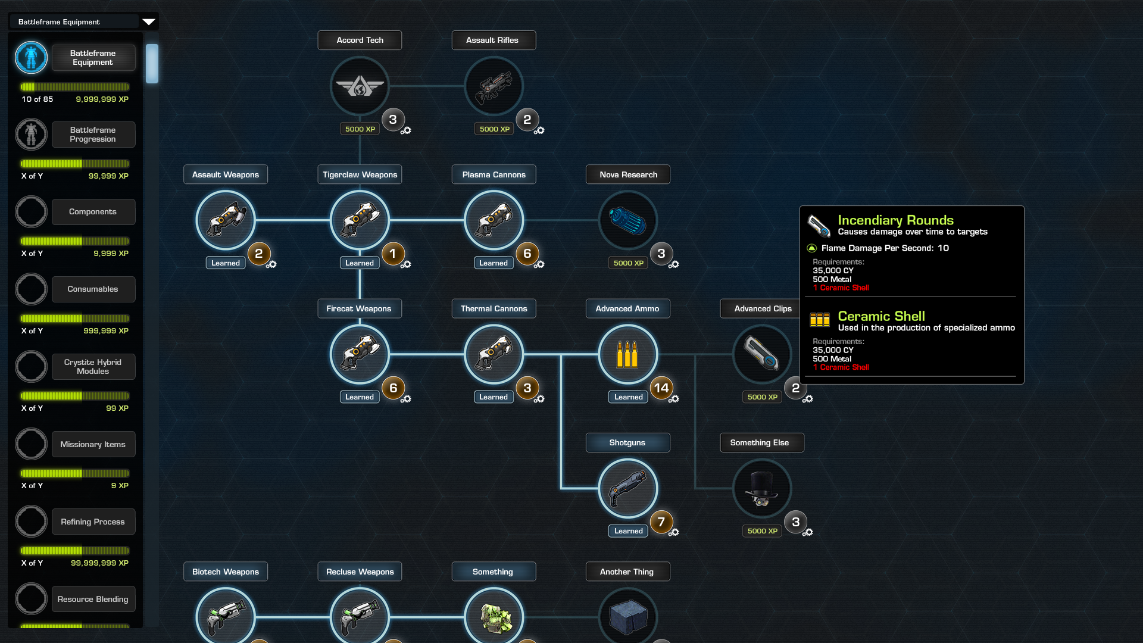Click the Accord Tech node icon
pyautogui.click(x=360, y=86)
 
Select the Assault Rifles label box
pyautogui.click(x=493, y=40)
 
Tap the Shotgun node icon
pyautogui.click(x=627, y=489)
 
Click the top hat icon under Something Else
pyautogui.click(x=761, y=489)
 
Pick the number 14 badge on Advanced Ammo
pyautogui.click(x=661, y=388)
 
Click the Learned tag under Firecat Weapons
pyautogui.click(x=360, y=397)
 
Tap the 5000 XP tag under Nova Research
pyautogui.click(x=628, y=263)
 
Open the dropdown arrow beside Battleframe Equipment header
pyautogui.click(x=148, y=22)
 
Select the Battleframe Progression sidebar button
pyautogui.click(x=93, y=135)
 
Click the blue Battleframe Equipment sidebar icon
pyautogui.click(x=31, y=58)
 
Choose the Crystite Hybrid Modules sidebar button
pyautogui.click(x=93, y=367)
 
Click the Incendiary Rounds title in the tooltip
pyautogui.click(x=895, y=220)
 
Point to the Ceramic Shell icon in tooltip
pyautogui.click(x=820, y=320)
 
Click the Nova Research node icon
pyautogui.click(x=627, y=220)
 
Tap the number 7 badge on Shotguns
pyautogui.click(x=661, y=522)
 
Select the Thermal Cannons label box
pyautogui.click(x=494, y=308)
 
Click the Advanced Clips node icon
pyautogui.click(x=762, y=354)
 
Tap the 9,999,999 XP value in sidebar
pyautogui.click(x=102, y=99)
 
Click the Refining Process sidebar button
pyautogui.click(x=93, y=522)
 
